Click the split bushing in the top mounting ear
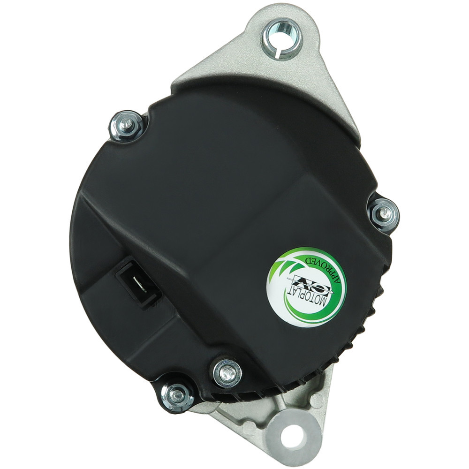282,38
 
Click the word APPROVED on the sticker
325,270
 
